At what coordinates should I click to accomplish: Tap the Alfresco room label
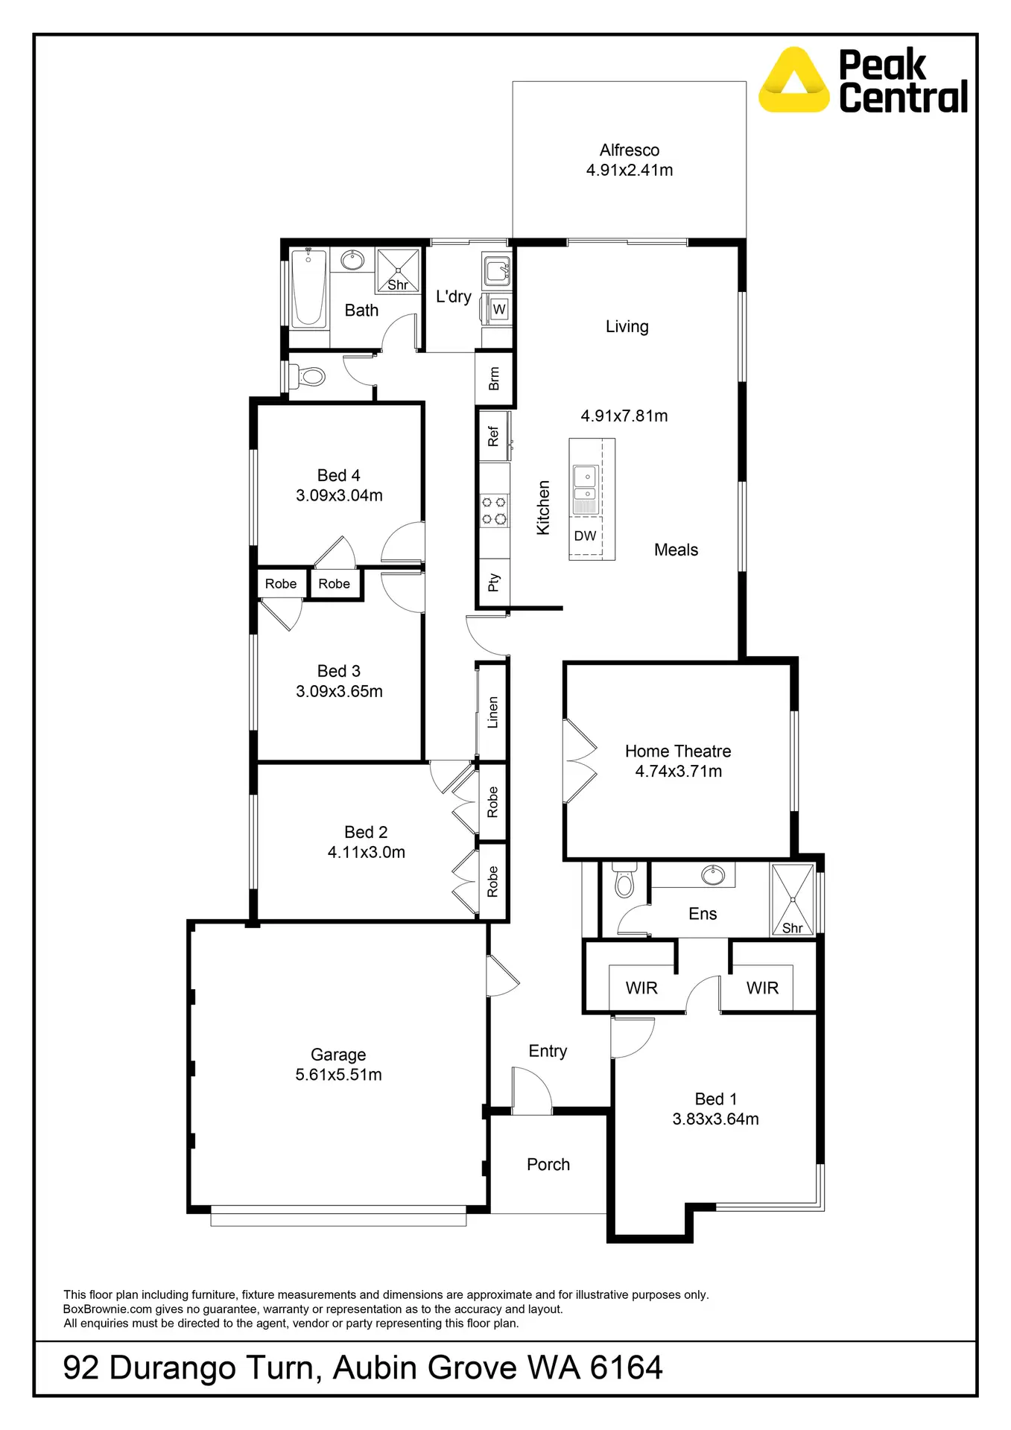629,150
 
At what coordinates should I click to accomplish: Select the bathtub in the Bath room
308,287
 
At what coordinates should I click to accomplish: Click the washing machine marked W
499,309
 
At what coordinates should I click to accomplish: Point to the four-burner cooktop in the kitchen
494,510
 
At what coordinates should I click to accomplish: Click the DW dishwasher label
585,536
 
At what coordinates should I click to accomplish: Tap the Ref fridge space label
493,436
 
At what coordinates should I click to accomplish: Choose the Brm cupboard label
494,378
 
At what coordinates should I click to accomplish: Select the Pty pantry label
493,582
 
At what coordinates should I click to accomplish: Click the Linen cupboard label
492,712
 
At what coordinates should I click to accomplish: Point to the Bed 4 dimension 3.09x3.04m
339,495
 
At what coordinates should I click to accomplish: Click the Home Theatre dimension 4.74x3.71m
678,772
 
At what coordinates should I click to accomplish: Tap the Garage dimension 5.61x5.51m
338,1075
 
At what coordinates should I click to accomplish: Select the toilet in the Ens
624,882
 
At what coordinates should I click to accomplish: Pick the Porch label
548,1164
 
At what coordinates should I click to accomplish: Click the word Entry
548,1051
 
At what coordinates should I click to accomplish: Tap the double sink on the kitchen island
585,484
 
